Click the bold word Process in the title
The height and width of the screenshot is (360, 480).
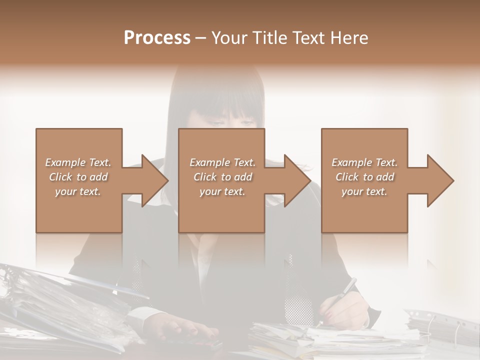[157, 38]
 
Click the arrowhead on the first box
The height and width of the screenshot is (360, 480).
[152, 180]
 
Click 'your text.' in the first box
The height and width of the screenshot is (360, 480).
[78, 191]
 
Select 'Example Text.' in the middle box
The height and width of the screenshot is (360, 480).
[222, 162]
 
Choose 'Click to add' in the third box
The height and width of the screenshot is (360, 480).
[364, 177]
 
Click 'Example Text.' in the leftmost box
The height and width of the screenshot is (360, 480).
[78, 162]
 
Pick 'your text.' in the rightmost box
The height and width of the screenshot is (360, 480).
[364, 191]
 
